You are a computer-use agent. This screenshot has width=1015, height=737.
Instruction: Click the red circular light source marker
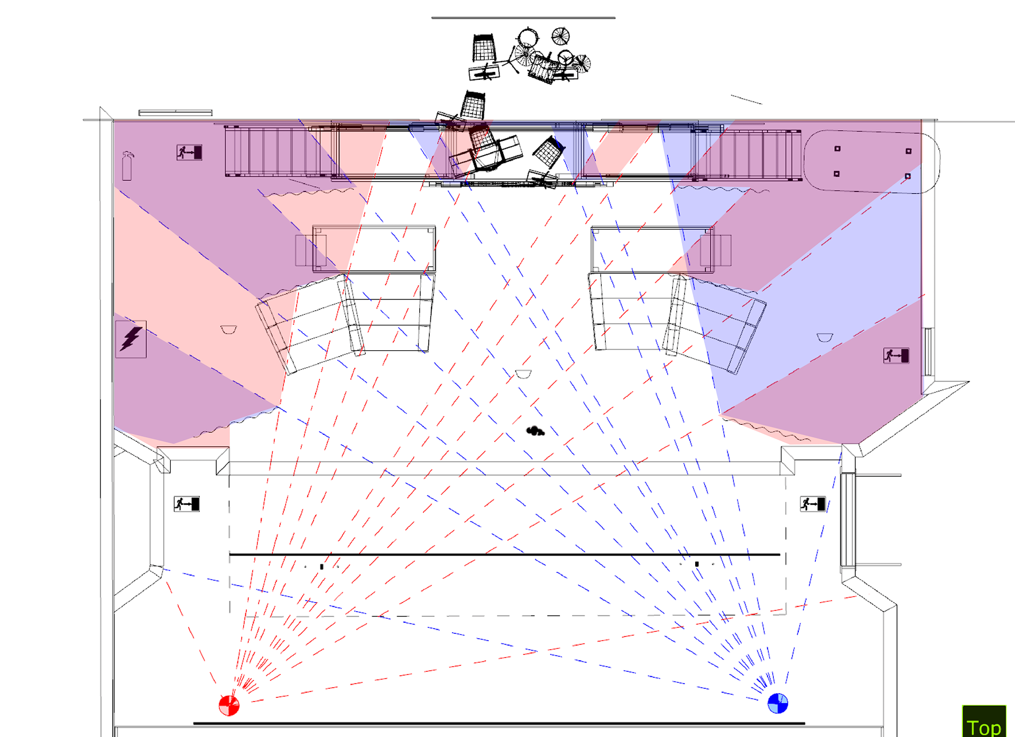[229, 705]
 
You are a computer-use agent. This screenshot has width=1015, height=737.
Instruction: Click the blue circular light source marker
[778, 703]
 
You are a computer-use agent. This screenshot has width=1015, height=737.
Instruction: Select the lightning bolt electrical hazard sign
[131, 339]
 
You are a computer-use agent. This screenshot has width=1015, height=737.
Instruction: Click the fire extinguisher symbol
[127, 166]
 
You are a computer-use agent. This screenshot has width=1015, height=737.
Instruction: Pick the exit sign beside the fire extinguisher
[189, 153]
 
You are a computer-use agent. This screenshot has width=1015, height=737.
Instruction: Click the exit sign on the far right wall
[896, 356]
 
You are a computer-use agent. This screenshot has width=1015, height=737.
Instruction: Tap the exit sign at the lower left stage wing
[187, 504]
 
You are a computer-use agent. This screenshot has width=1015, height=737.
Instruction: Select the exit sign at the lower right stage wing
[813, 504]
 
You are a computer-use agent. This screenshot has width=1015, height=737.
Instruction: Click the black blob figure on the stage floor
[535, 431]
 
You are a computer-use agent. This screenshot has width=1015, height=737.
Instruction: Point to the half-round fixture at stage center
[523, 374]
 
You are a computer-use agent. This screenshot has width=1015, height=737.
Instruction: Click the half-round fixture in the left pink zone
[228, 330]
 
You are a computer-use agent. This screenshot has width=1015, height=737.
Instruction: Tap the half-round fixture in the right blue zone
[825, 337]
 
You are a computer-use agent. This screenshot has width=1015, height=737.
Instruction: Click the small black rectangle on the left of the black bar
[321, 567]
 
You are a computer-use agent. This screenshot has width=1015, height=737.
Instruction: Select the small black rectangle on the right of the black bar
[697, 564]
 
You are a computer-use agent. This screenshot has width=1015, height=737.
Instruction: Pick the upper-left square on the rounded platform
[837, 149]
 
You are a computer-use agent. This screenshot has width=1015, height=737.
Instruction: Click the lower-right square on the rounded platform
[908, 176]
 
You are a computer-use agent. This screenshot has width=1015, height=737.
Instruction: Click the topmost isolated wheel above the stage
[560, 36]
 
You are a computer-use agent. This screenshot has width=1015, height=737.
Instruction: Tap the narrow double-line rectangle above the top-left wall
[176, 113]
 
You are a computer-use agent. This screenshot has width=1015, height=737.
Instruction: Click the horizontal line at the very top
[523, 17]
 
